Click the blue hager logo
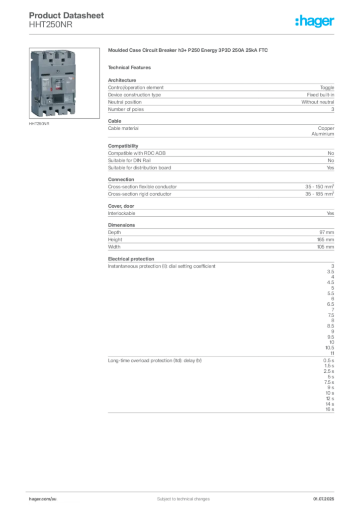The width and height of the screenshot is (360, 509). [315, 22]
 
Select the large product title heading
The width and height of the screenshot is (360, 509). [189, 51]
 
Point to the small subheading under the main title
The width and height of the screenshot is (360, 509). [131, 67]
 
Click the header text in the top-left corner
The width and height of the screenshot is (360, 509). [67, 15]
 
